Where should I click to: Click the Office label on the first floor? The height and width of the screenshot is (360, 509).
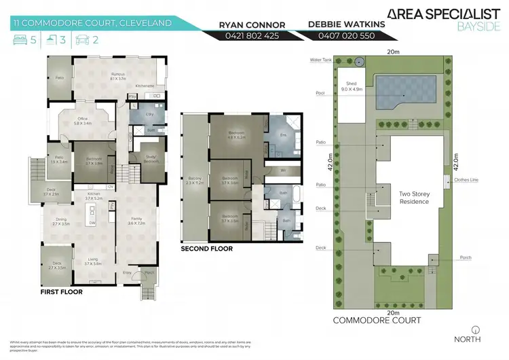click(x=83, y=121)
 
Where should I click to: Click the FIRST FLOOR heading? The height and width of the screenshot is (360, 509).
click(x=62, y=292)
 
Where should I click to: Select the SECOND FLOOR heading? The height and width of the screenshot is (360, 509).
click(x=206, y=249)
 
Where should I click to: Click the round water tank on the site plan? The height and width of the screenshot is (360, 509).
click(x=359, y=61)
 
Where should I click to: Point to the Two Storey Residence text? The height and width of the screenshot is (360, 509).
click(x=409, y=198)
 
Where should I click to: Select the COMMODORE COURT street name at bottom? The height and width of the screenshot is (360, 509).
click(x=377, y=319)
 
